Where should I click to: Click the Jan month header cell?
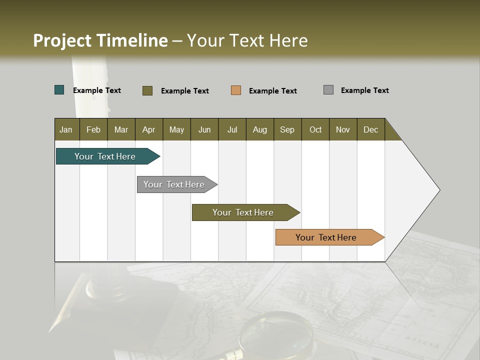[x=66, y=129]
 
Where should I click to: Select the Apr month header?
[x=148, y=129]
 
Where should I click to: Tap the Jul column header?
[x=232, y=129]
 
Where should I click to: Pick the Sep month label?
[x=287, y=129]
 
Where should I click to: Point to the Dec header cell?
[x=370, y=129]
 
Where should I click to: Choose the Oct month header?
[x=315, y=129]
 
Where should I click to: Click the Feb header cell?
[x=93, y=129]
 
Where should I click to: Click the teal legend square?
[x=59, y=90]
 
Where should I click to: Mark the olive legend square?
[x=147, y=90]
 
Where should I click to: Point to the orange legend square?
[x=236, y=90]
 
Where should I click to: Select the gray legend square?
[x=328, y=90]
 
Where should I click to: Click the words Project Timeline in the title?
[x=100, y=40]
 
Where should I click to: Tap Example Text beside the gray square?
[x=364, y=90]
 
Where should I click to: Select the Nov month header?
[x=343, y=129]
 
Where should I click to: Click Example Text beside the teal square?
[x=97, y=90]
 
